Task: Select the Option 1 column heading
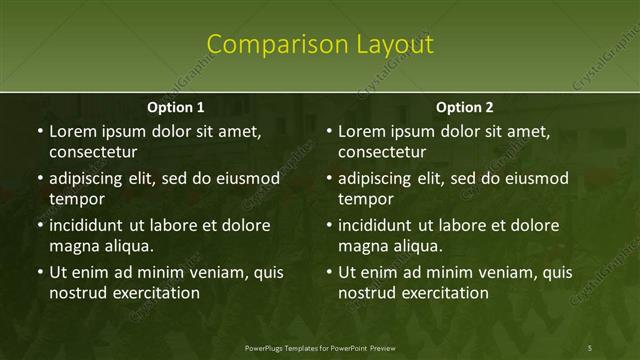pyautogui.click(x=176, y=107)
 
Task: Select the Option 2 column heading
pyautogui.click(x=465, y=107)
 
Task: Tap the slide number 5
pyautogui.click(x=590, y=347)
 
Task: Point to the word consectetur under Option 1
pyautogui.click(x=93, y=152)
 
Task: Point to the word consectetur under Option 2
pyautogui.click(x=382, y=152)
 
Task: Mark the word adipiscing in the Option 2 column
pyautogui.click(x=381, y=179)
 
